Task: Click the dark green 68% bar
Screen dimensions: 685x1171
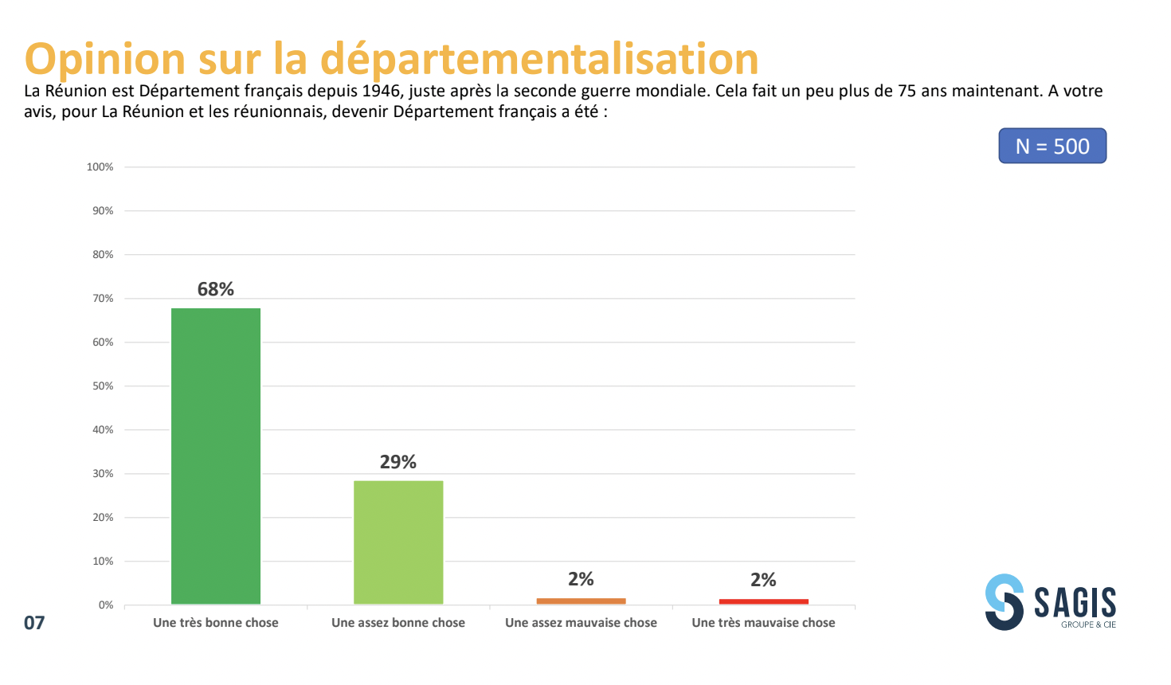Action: click(x=216, y=456)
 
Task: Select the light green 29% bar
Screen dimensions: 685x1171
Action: click(x=398, y=542)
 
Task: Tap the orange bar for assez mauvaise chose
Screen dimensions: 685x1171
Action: click(x=581, y=601)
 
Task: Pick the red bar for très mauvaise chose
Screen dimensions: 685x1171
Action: click(x=763, y=601)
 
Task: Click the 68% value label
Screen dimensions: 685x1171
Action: click(x=216, y=289)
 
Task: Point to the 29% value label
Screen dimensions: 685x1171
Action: click(x=398, y=462)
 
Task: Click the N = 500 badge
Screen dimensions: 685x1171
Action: click(x=1052, y=146)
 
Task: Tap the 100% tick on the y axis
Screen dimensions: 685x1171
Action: click(x=100, y=167)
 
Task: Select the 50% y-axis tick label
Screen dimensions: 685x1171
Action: click(x=104, y=386)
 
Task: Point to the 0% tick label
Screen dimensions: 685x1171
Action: click(x=106, y=605)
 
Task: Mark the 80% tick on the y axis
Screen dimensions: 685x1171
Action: click(x=104, y=255)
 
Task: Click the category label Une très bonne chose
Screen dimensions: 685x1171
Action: click(x=216, y=623)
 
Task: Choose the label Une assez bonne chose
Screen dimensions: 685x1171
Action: click(x=398, y=623)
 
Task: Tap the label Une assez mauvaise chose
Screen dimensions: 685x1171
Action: click(x=581, y=623)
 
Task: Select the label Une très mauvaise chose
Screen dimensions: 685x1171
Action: click(x=763, y=623)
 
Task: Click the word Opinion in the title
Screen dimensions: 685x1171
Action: click(x=105, y=60)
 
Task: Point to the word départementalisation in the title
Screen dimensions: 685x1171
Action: click(x=539, y=60)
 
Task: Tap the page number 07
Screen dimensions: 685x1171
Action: click(x=34, y=623)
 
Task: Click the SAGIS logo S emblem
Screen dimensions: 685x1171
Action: click(x=1004, y=602)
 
